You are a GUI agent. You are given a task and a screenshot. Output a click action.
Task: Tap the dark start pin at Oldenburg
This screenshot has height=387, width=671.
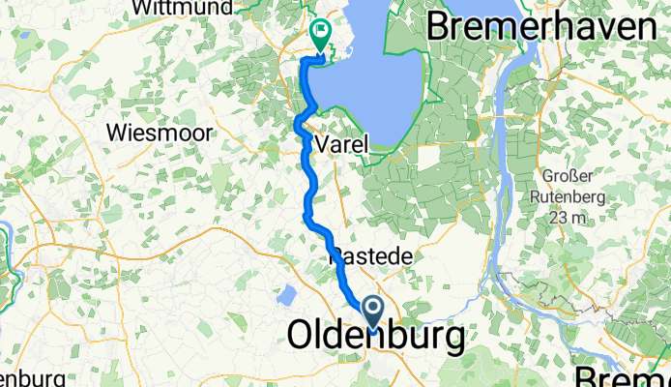(372, 313)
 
